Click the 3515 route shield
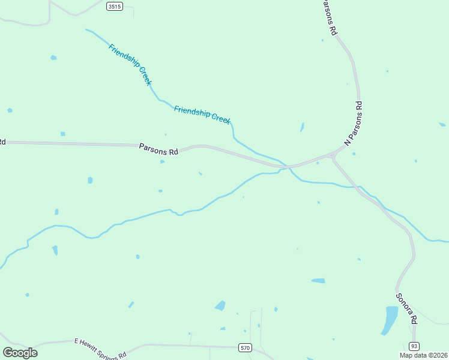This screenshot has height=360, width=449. coord(113,6)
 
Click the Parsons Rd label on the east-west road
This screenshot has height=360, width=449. coord(159,149)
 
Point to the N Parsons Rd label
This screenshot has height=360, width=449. coord(354,124)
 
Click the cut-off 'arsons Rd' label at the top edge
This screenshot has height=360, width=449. coord(328,17)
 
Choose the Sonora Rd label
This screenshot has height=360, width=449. coord(406,308)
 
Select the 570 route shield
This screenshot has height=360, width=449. coord(245,348)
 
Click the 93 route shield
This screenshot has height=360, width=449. coord(414,346)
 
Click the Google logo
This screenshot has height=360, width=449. coord(20,353)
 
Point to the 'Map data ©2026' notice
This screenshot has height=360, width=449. coord(424,355)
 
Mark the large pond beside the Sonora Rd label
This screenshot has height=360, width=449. coord(390,319)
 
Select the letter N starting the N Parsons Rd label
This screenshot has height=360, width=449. coord(347,143)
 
